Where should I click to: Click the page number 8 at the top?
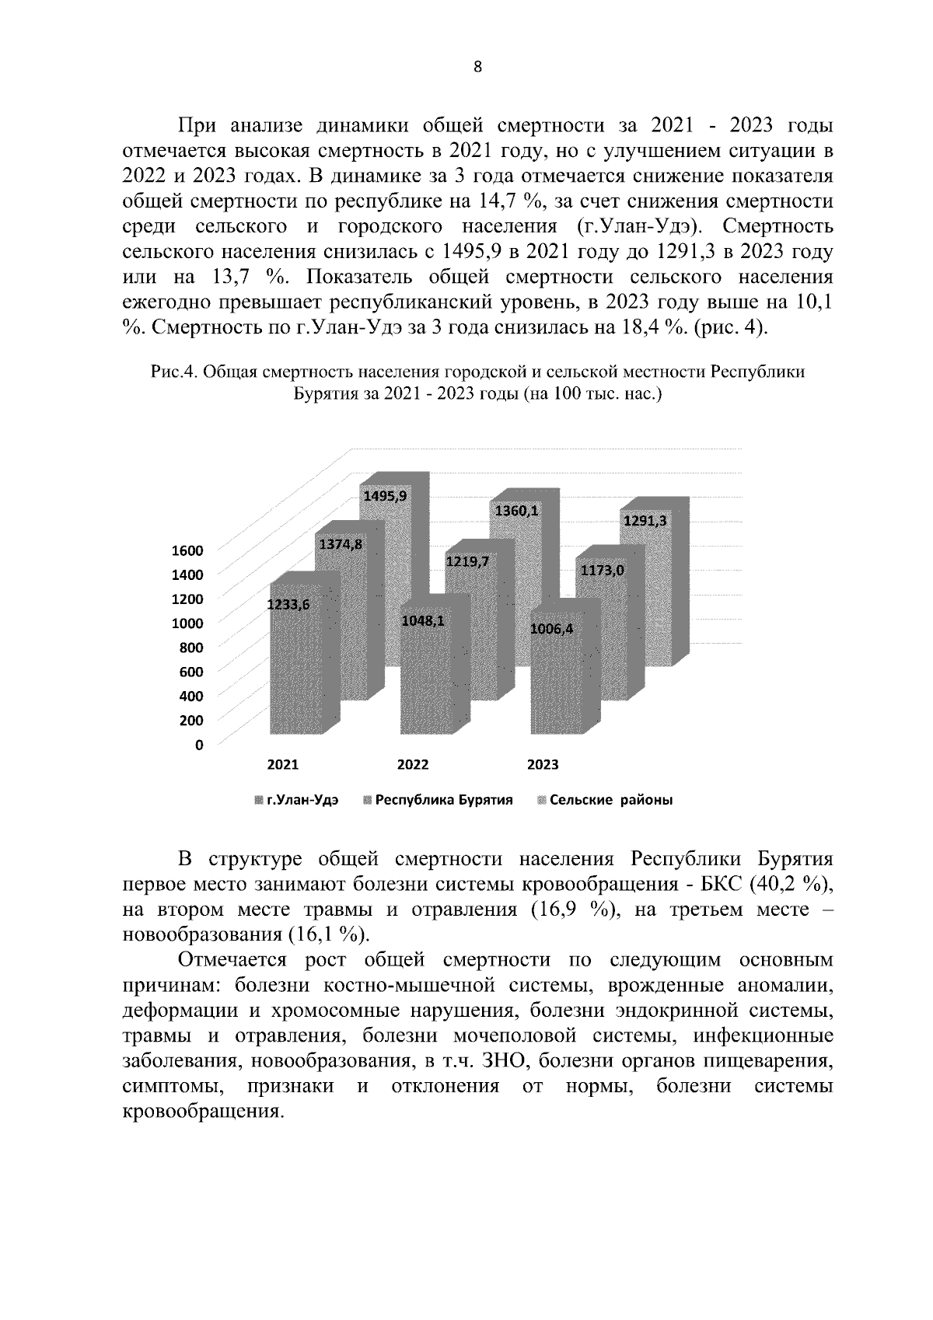pos(477,68)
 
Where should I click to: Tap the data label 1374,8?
pos(339,544)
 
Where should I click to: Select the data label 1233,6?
pos(288,606)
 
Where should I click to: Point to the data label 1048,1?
pos(422,621)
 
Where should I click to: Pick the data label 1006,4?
pos(550,629)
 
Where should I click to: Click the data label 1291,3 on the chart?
pos(645,521)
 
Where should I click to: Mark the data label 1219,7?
pos(467,561)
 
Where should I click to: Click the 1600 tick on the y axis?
pos(187,550)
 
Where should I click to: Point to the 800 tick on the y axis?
pos(190,648)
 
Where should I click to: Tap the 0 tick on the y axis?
pos(199,745)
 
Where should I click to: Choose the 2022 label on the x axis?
pos(413,765)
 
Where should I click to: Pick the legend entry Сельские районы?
pos(610,801)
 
